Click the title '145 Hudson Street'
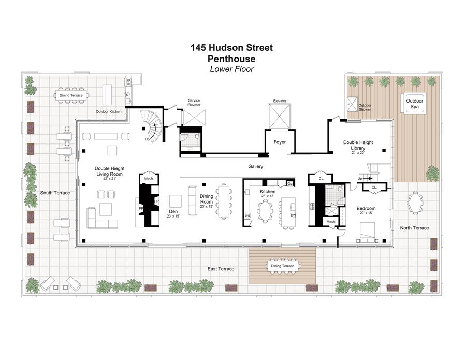(231, 48)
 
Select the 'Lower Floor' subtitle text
(231, 69)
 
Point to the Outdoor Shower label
(366, 107)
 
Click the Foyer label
(279, 142)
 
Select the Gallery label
(255, 167)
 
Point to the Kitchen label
(268, 192)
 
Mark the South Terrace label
(55, 193)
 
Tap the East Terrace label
(221, 269)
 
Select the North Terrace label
(414, 228)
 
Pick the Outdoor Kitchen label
(108, 111)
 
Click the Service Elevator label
(194, 103)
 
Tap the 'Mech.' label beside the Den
(149, 178)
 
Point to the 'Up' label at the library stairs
(360, 178)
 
